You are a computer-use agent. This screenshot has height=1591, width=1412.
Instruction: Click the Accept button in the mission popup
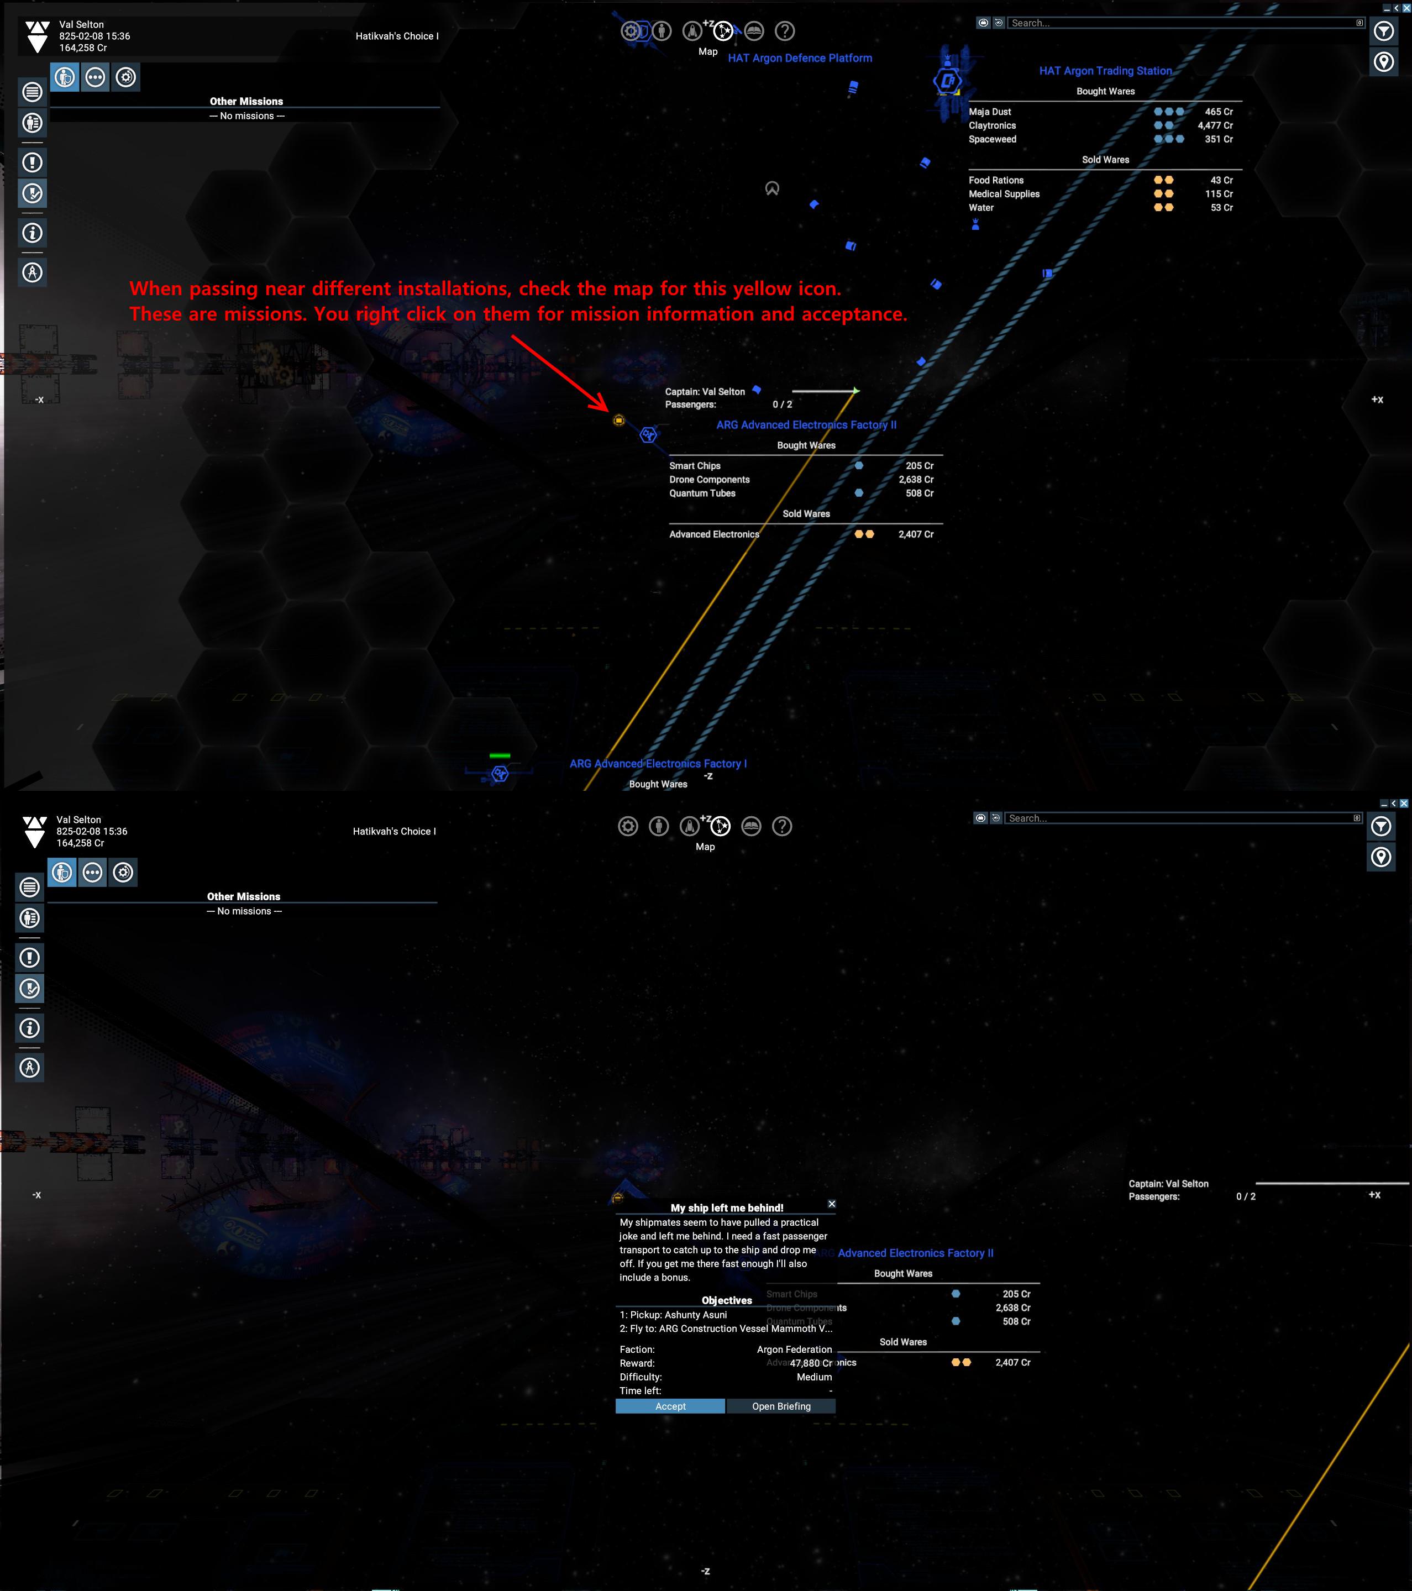tap(670, 1406)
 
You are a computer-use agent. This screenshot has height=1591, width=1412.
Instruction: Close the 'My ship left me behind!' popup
tap(831, 1204)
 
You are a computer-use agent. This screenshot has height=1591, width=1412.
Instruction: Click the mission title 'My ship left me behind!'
tap(726, 1207)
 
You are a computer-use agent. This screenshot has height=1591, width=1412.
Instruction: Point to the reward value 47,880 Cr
tap(810, 1363)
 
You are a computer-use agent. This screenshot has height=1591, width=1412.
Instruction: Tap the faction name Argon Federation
tap(794, 1349)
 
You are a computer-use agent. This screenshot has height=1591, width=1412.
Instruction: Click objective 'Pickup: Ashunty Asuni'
tap(673, 1315)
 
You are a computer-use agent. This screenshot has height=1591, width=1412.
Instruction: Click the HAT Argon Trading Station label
tap(1105, 71)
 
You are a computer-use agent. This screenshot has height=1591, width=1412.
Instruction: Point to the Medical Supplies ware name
tap(1004, 194)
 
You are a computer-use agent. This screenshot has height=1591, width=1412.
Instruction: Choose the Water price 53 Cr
tap(1221, 208)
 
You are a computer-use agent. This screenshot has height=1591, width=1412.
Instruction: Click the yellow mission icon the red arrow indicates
tap(619, 421)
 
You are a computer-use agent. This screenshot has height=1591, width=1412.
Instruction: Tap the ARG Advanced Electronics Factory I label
tap(658, 764)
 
